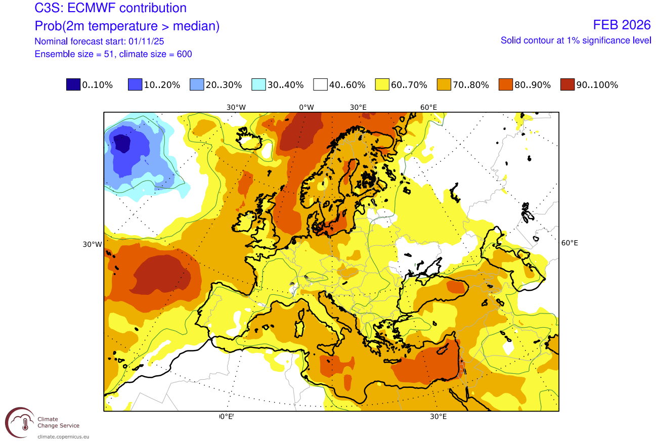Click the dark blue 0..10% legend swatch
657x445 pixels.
73,85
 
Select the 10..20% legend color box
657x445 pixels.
135,85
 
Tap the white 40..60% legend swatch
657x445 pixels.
320,85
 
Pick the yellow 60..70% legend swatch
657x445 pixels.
382,85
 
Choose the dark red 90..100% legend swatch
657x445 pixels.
567,85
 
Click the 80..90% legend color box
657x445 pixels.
506,85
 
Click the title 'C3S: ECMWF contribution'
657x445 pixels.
110,8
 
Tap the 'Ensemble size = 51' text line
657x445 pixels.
113,54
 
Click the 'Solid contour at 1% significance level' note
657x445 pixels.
576,40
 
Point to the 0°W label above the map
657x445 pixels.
306,107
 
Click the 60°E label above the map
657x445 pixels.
428,107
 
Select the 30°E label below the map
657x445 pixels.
438,417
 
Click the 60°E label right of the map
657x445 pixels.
570,243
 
